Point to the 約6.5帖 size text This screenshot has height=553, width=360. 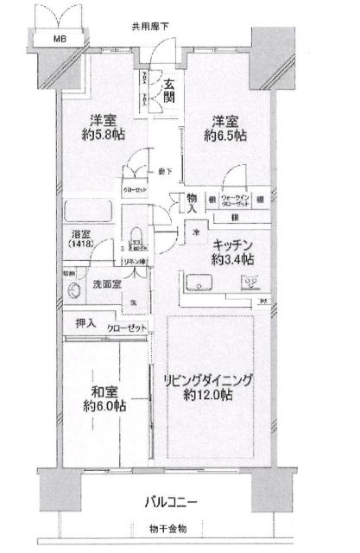point(225,136)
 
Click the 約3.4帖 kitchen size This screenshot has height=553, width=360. point(230,258)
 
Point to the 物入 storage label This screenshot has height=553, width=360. point(193,204)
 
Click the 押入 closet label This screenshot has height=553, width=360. point(85,324)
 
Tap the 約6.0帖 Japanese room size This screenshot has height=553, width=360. point(105,405)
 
